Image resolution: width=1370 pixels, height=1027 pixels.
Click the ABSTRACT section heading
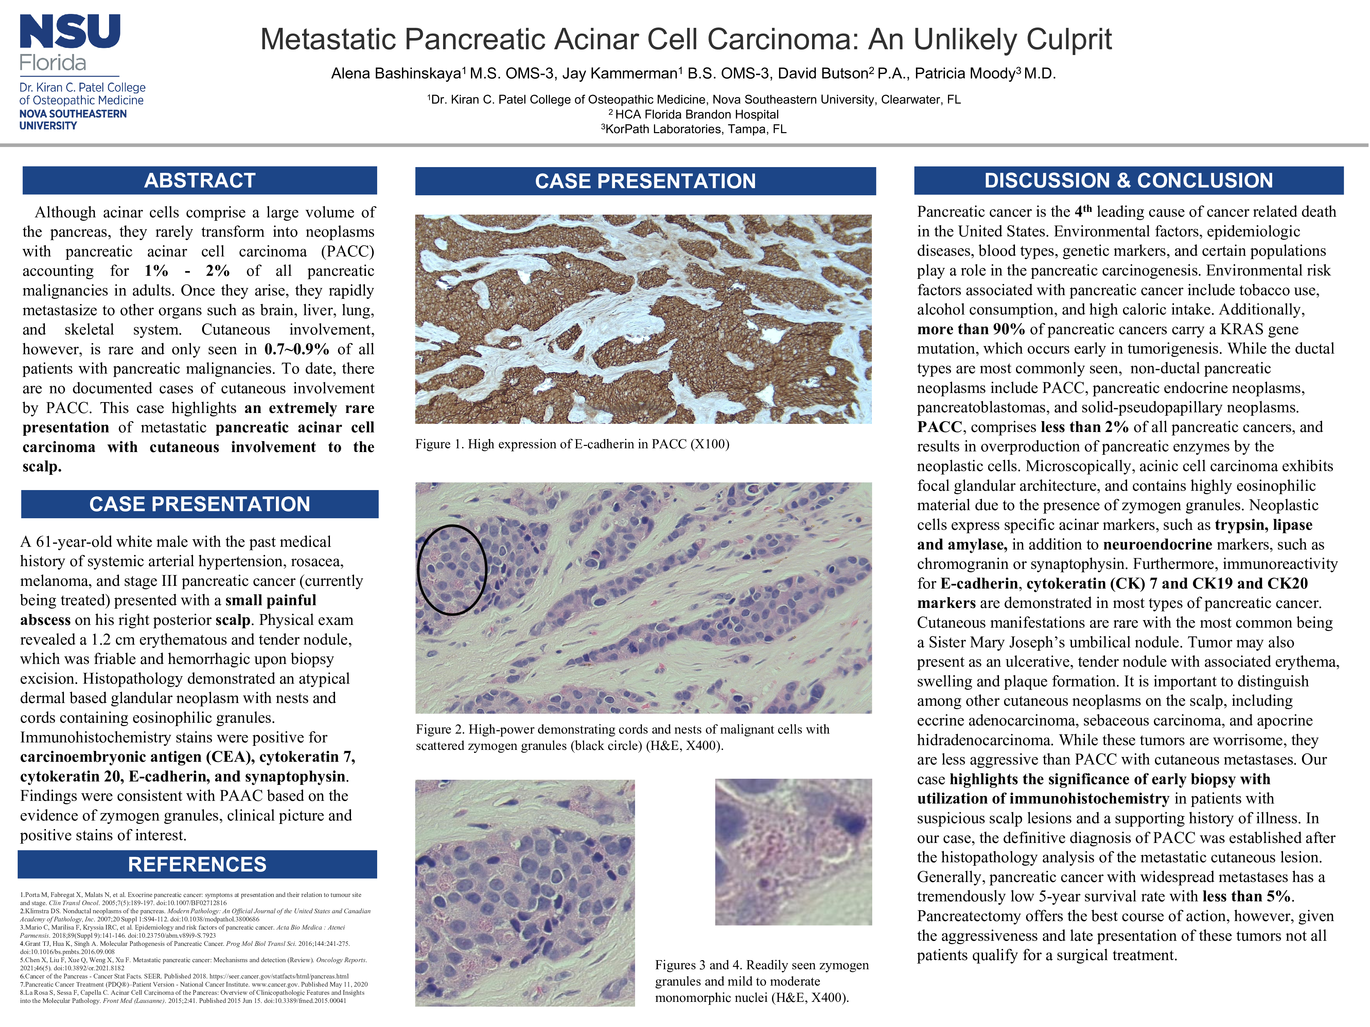click(x=199, y=180)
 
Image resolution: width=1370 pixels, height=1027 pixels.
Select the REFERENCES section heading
click(x=197, y=864)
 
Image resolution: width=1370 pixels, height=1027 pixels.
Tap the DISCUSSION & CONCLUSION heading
click(x=1128, y=180)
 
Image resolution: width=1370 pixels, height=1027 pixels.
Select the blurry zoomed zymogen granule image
click(x=793, y=852)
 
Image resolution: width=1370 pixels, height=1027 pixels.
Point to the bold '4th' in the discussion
click(x=1083, y=211)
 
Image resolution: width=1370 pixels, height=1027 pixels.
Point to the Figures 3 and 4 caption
click(x=762, y=981)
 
